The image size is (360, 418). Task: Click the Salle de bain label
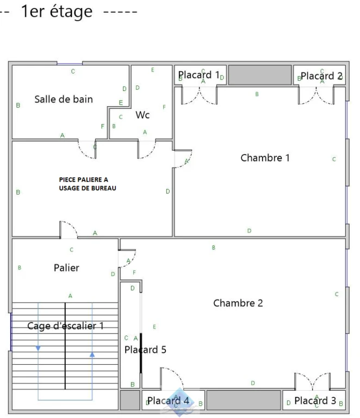pos(64,99)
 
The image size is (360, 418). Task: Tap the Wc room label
pos(142,115)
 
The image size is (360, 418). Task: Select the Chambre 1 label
pos(265,158)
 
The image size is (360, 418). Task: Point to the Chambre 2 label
pos(238,303)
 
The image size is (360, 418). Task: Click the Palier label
pos(66,268)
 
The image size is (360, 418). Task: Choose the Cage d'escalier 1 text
pos(65,326)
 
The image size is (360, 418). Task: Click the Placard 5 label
pos(145,349)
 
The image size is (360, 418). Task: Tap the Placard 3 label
pos(315,401)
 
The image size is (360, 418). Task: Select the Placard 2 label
pos(321,76)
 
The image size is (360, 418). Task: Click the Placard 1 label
pos(199,75)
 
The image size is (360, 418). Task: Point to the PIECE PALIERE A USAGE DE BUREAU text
pos(88,184)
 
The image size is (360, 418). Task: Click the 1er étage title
pos(57,12)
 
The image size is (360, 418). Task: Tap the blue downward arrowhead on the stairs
pos(38,348)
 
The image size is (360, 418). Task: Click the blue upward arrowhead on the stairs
pos(92,354)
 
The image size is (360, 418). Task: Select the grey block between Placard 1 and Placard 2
pos(260,75)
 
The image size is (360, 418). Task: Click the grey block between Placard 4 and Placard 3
pos(244,400)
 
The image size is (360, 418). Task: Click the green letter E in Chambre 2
pos(154,327)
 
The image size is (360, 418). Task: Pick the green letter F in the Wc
pos(164,107)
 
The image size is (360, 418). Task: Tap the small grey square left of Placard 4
pos(130,400)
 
